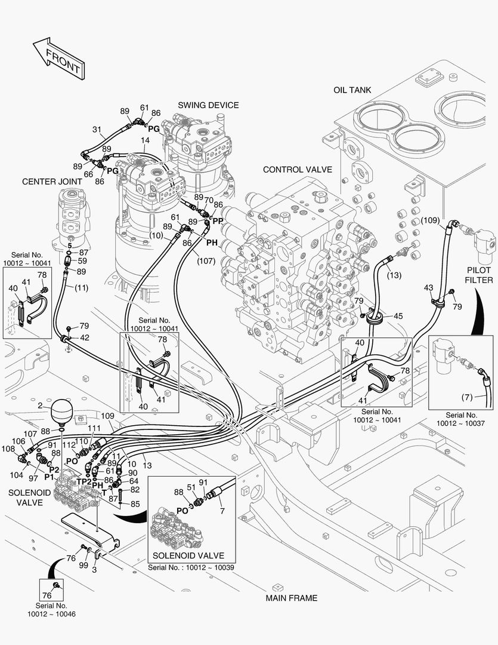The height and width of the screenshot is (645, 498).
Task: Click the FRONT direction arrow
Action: pyautogui.click(x=57, y=58)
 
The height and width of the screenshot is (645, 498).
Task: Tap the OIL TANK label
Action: pyautogui.click(x=352, y=90)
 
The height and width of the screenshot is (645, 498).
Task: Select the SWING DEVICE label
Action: pyautogui.click(x=208, y=105)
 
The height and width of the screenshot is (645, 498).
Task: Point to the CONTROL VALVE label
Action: pyautogui.click(x=297, y=170)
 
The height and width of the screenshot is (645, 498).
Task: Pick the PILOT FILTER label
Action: pyautogui.click(x=480, y=274)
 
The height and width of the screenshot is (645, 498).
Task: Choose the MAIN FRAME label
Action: pyautogui.click(x=292, y=598)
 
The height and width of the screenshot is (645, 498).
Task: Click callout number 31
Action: pyautogui.click(x=98, y=130)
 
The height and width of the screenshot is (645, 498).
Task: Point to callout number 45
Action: pyautogui.click(x=398, y=316)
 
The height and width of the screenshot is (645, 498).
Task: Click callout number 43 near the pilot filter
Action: pyautogui.click(x=428, y=288)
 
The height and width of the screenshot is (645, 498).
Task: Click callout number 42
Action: pyautogui.click(x=85, y=338)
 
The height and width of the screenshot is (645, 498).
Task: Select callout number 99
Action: pyautogui.click(x=83, y=565)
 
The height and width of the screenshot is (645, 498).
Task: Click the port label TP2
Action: pyautogui.click(x=84, y=482)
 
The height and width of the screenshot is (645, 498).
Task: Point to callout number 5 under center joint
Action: pyautogui.click(x=69, y=245)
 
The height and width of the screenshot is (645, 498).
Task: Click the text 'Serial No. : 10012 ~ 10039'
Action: pyautogui.click(x=191, y=567)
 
